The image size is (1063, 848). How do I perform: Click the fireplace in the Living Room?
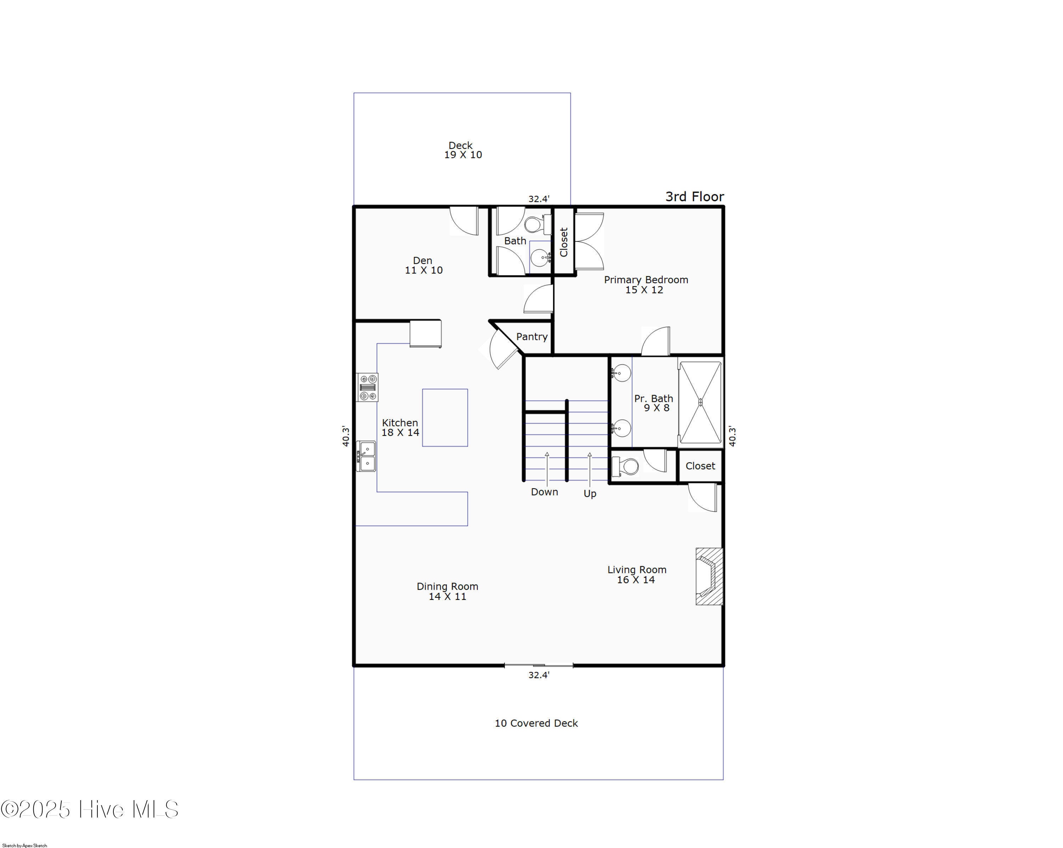(709, 576)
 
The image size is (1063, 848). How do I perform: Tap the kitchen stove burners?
(367, 387)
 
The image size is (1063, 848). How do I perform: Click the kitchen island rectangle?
(445, 417)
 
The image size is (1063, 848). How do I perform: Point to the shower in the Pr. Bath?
(700, 402)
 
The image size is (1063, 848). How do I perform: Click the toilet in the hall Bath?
(538, 225)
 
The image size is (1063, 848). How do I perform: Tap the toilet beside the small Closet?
(625, 466)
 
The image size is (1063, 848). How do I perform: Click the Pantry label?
(531, 337)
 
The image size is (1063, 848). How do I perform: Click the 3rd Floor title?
(695, 196)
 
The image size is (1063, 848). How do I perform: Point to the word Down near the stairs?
(544, 492)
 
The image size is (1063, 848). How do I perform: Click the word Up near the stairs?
(590, 494)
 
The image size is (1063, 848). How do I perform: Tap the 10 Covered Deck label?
(536, 723)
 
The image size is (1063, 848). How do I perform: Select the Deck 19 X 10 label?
(462, 150)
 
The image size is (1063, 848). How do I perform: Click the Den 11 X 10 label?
(423, 265)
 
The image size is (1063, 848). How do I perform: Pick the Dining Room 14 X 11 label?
(447, 591)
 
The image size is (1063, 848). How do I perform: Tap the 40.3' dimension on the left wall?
(345, 436)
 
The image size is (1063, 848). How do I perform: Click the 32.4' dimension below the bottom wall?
(539, 675)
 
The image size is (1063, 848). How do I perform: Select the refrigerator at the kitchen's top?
(426, 334)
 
